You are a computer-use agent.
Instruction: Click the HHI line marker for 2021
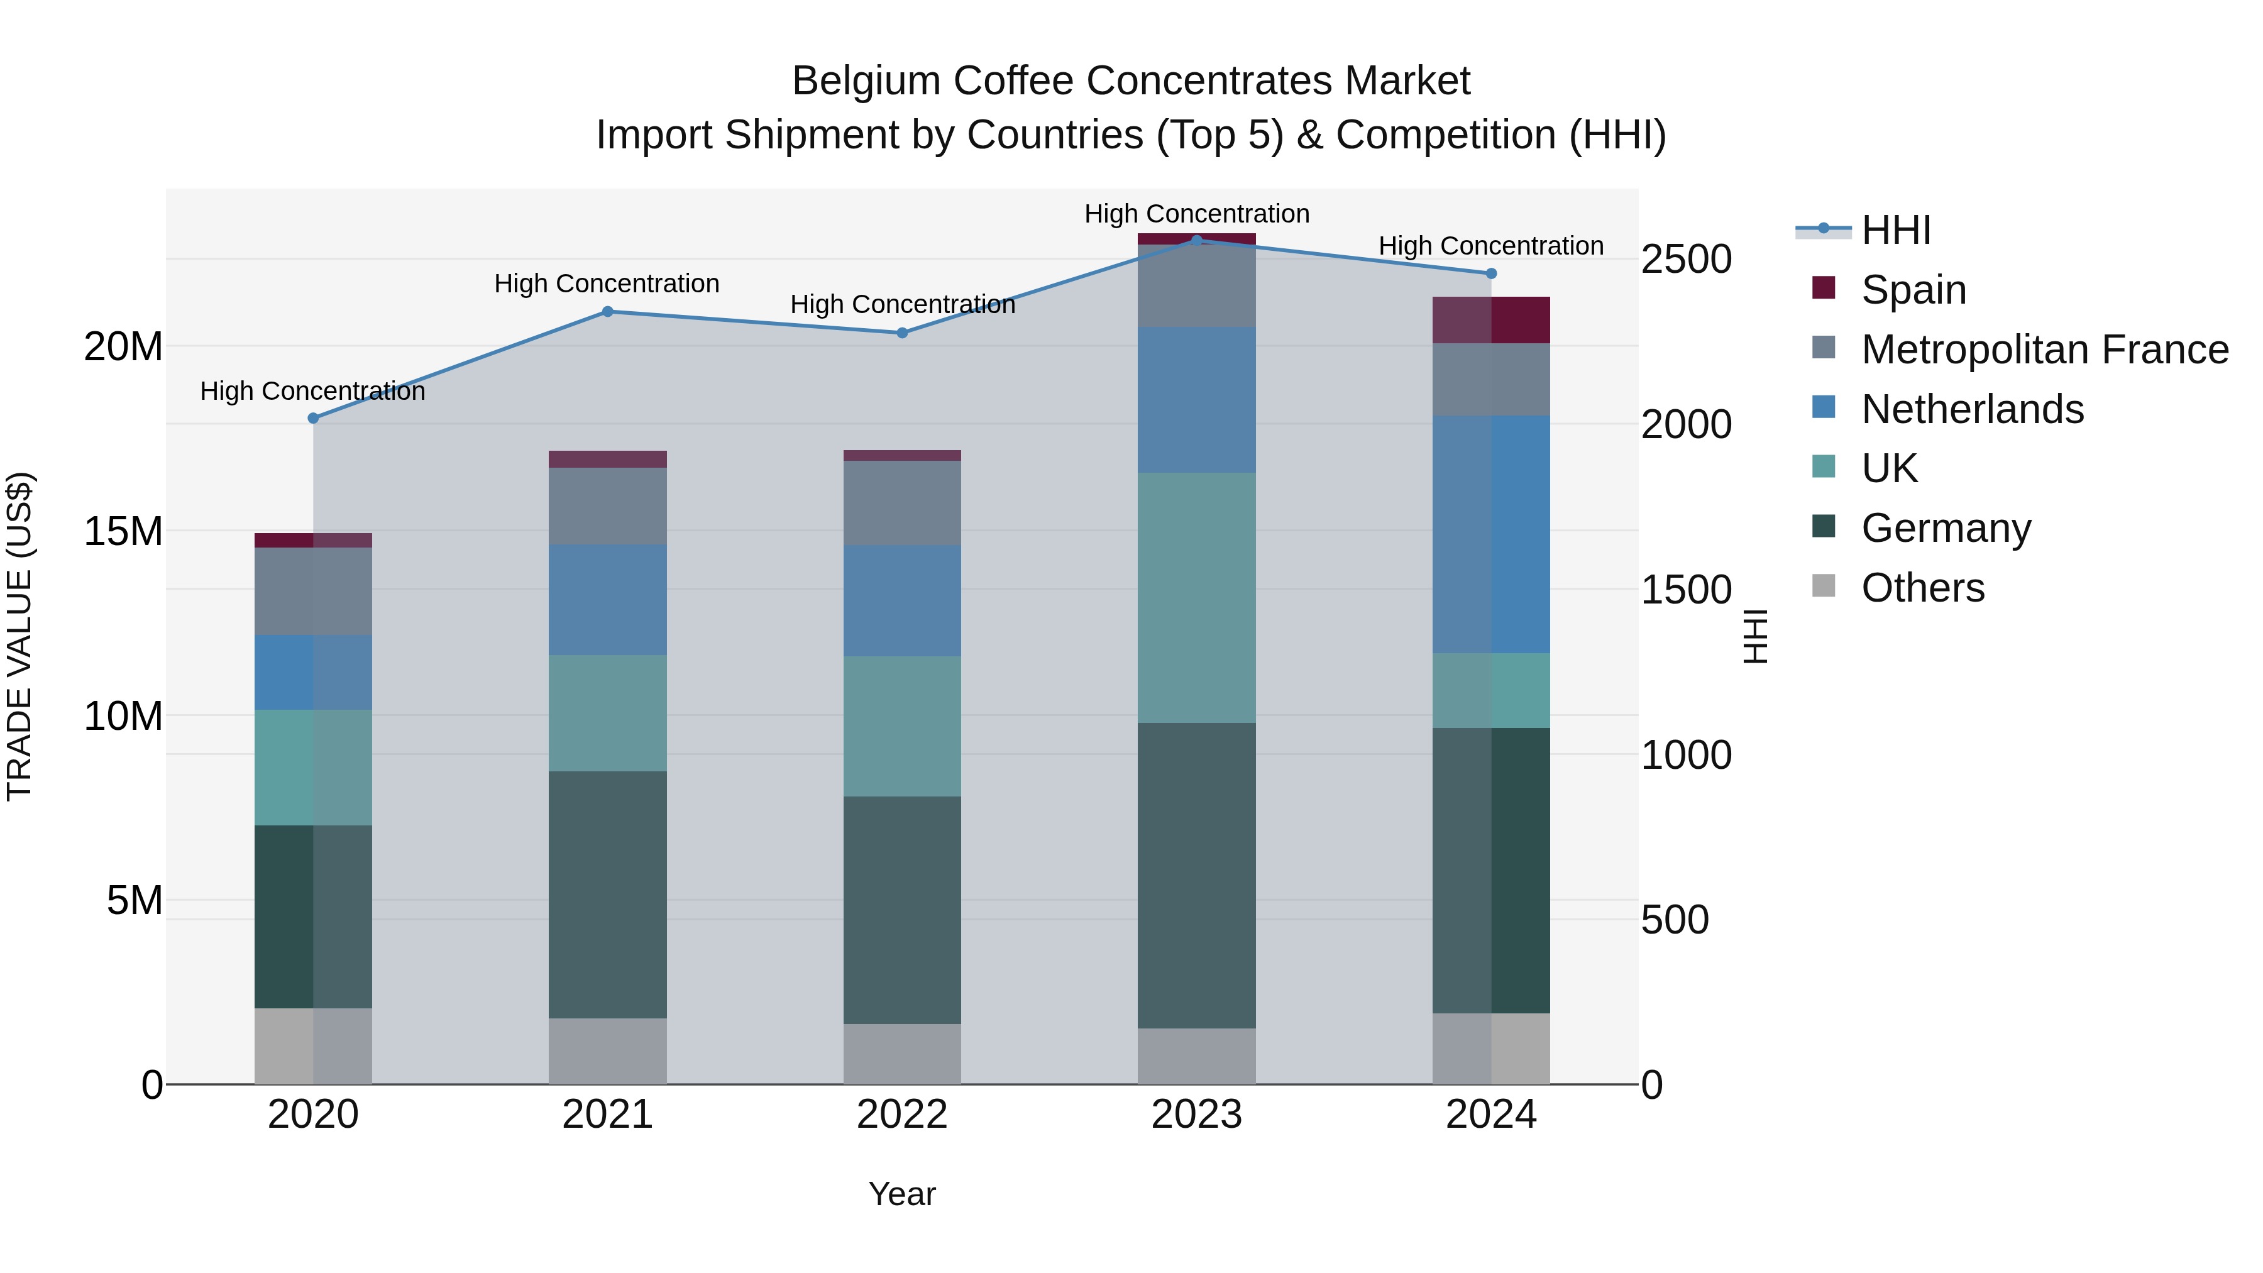607,312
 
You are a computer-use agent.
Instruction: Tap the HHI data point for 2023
1196,240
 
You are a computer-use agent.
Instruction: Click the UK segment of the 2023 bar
1196,597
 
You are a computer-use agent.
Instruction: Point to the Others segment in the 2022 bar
902,1054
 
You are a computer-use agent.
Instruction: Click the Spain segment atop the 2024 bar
1491,320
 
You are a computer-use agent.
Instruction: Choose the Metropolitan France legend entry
2044,350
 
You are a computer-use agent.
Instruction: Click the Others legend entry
1922,588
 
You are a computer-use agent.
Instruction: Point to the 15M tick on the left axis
123,531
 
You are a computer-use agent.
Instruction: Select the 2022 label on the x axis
902,1115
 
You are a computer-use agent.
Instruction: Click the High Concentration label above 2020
313,391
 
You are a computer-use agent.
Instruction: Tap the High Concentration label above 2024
1491,246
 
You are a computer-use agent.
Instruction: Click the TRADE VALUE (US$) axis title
19,636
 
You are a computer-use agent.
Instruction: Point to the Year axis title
902,1194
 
